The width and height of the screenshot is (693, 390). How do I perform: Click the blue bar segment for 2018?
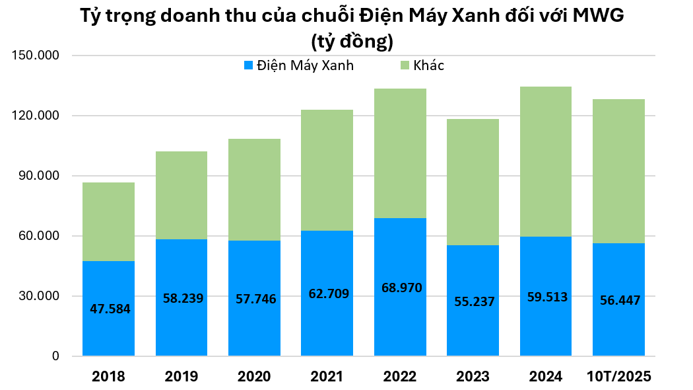click(108, 331)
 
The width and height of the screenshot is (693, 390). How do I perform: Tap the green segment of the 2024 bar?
click(545, 162)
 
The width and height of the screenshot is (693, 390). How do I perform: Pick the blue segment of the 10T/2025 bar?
click(618, 331)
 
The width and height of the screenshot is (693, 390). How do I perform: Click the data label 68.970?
click(401, 288)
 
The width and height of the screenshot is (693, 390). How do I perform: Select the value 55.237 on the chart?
click(475, 301)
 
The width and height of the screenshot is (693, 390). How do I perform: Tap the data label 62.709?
click(328, 293)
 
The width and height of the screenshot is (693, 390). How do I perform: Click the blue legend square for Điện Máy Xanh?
click(248, 65)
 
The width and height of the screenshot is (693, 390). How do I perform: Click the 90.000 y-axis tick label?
click(38, 176)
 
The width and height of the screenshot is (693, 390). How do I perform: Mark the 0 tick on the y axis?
click(55, 356)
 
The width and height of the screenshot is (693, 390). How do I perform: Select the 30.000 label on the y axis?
click(38, 296)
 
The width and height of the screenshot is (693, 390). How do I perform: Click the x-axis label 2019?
click(181, 377)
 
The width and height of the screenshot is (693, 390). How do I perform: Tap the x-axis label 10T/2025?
click(619, 377)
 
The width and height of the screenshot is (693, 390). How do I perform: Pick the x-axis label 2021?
click(327, 377)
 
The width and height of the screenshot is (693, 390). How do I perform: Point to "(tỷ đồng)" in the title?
click(352, 42)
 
